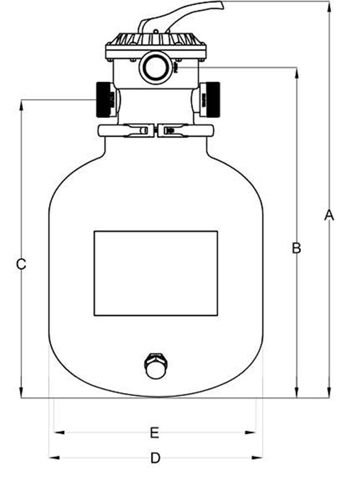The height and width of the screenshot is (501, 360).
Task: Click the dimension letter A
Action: point(329,215)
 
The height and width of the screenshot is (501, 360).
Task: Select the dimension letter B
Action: point(296,248)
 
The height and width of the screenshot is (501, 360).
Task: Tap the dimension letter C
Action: point(22,264)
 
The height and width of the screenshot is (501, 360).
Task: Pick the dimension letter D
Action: point(155,458)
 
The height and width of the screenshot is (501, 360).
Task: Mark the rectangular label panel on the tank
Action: point(156,274)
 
